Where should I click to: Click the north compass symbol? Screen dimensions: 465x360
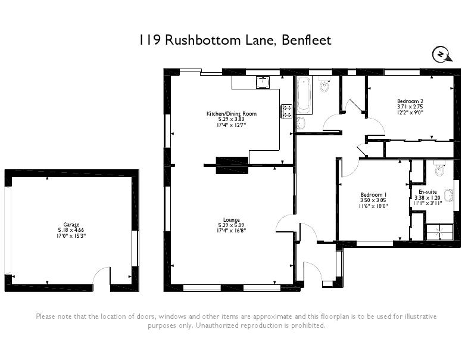[440, 55]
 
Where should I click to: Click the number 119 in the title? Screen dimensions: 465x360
[149, 40]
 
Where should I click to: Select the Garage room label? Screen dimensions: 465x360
[71, 225]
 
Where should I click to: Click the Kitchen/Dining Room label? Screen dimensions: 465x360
[231, 113]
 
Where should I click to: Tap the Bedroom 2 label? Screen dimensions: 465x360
[410, 101]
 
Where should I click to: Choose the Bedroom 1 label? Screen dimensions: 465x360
[374, 195]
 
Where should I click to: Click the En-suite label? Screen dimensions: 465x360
[427, 192]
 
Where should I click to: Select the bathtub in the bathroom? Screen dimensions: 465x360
[304, 95]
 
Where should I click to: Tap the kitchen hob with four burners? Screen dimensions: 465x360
[286, 110]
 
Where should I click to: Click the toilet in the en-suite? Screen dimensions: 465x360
[439, 171]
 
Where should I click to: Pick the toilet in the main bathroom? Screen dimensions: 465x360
[324, 86]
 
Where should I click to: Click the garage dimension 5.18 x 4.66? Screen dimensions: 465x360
[71, 230]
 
